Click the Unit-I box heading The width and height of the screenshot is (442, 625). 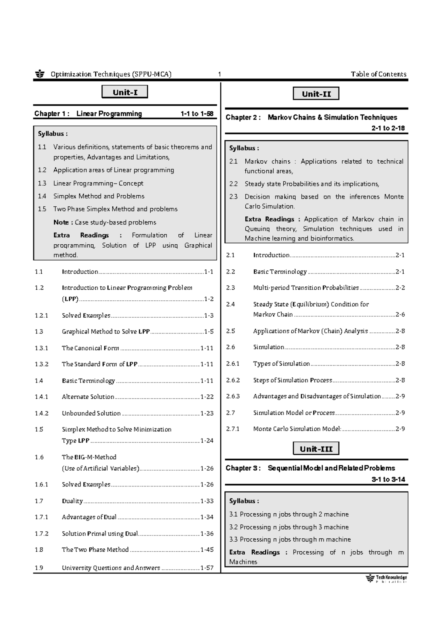[124, 92]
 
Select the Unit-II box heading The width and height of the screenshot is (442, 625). [316, 94]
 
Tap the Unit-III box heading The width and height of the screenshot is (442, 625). [316, 449]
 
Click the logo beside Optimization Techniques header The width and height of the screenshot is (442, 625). [40, 74]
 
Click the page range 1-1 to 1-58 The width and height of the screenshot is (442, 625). [197, 114]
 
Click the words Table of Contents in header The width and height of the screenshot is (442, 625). [378, 74]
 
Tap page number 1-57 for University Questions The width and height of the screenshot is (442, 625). [207, 568]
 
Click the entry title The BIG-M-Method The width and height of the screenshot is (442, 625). [89, 457]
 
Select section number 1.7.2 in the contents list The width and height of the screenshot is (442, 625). [42, 534]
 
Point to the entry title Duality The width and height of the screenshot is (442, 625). [72, 501]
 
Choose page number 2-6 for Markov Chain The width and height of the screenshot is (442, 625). [400, 314]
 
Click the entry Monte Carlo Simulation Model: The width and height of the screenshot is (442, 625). [297, 429]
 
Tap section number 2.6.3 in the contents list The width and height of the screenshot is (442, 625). [233, 397]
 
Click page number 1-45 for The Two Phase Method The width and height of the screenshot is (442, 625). [207, 550]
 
